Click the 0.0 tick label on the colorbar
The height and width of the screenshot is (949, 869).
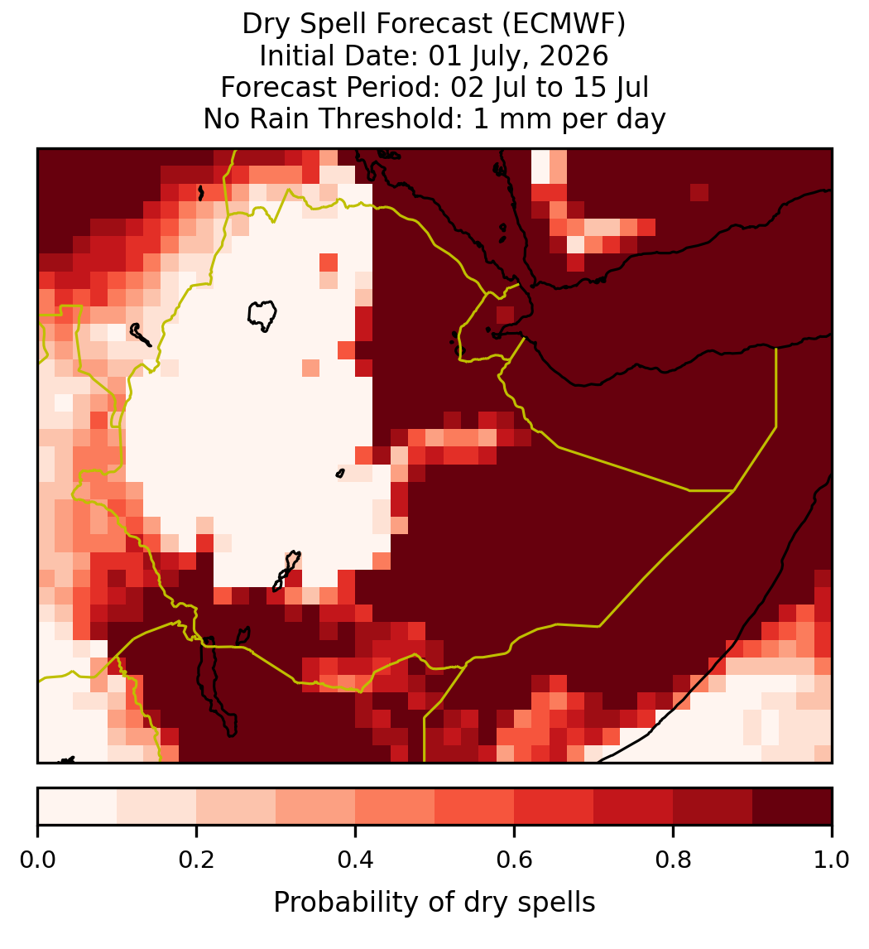(37, 860)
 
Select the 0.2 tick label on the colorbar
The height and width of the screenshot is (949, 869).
(196, 860)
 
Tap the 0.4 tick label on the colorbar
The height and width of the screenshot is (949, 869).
(356, 860)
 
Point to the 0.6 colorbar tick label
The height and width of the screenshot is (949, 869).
(515, 860)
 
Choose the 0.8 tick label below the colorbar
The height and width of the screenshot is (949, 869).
(674, 860)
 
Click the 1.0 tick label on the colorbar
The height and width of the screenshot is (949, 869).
(832, 860)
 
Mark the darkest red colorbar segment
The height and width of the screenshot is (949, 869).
(792, 807)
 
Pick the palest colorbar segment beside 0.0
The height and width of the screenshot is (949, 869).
(78, 807)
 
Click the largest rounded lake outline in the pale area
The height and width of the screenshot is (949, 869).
(262, 316)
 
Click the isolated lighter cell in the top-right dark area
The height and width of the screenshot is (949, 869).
(699, 192)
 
